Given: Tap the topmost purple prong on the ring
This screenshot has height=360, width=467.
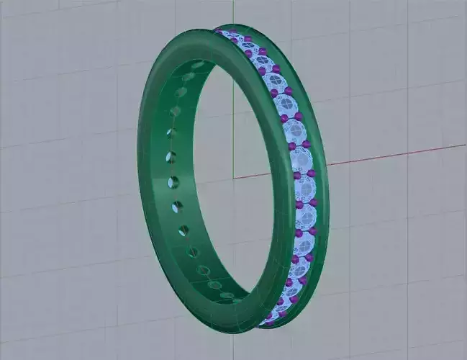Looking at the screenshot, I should (x=219, y=32).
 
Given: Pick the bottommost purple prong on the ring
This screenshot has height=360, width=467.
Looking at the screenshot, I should (x=268, y=323).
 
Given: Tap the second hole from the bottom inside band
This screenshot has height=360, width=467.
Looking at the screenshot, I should (x=215, y=284).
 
